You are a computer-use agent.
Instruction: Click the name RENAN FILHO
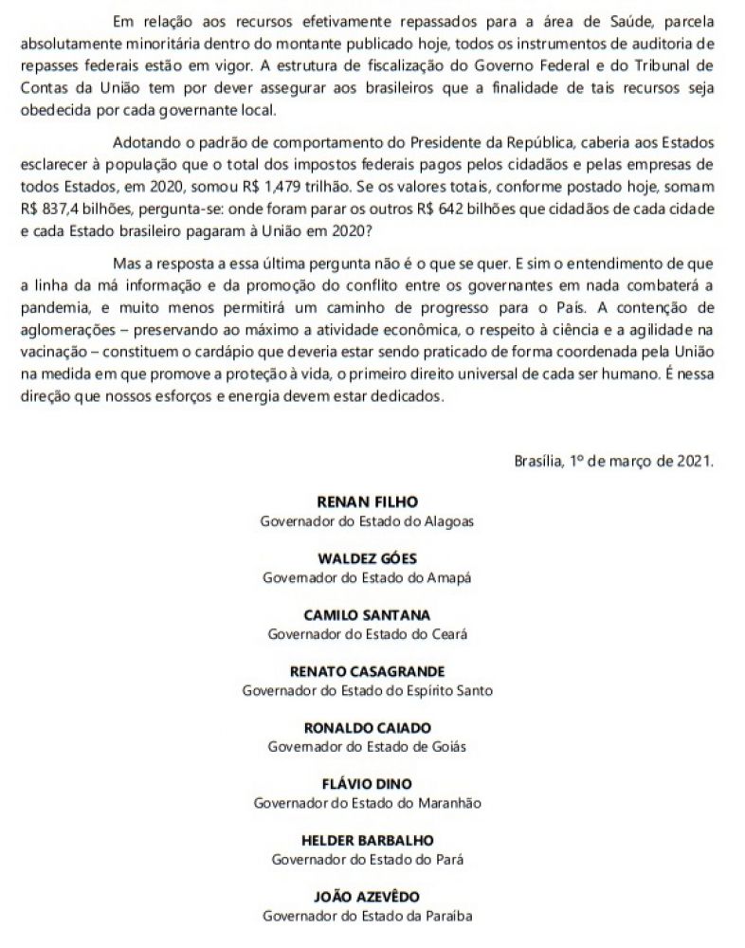366,501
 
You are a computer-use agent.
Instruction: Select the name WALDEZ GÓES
366,557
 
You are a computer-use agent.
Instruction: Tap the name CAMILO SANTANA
366,614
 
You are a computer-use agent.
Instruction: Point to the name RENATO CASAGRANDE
366,671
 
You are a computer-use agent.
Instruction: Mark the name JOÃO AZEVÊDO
366,897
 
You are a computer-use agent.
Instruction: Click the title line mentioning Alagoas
367,520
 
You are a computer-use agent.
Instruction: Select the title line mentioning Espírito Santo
367,690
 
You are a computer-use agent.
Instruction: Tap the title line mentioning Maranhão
368,803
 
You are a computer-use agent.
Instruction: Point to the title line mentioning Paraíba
367,916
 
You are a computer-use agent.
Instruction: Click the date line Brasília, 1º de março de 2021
613,462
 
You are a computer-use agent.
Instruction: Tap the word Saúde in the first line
606,21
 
